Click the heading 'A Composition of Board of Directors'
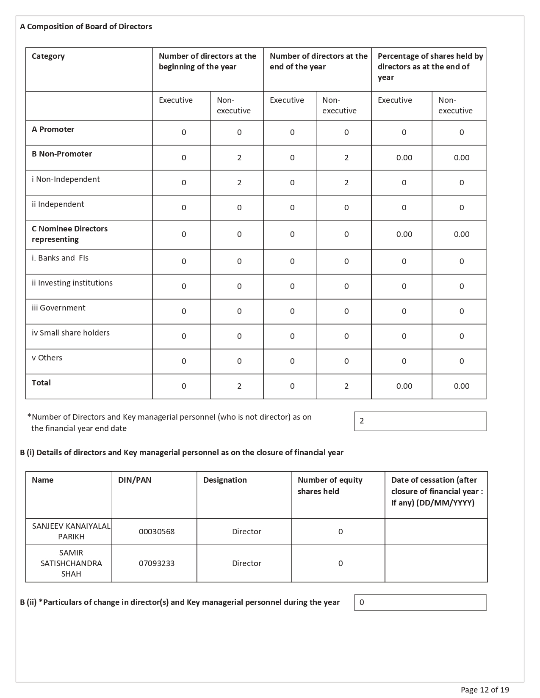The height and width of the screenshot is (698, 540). [x=86, y=27]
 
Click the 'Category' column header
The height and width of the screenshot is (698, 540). [x=48, y=56]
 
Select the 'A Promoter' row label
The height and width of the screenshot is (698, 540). [x=53, y=129]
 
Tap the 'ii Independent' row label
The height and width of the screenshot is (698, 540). [x=58, y=204]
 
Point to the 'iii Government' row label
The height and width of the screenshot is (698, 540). [x=58, y=308]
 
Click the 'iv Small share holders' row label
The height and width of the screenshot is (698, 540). [x=70, y=333]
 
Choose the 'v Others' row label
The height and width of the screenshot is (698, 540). [x=47, y=358]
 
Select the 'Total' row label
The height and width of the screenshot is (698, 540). [x=41, y=383]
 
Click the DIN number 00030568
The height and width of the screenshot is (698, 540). [x=157, y=532]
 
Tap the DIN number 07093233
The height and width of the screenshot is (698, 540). [x=157, y=563]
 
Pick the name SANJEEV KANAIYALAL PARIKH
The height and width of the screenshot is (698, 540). [x=71, y=531]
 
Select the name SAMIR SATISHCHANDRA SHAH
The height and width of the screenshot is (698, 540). [x=71, y=563]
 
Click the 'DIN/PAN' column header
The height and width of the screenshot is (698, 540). [x=135, y=480]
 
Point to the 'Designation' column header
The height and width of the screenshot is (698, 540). [x=225, y=480]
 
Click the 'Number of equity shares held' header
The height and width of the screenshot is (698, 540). [x=330, y=486]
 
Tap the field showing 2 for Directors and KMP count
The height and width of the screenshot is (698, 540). [x=420, y=421]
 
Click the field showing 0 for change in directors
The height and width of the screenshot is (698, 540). [x=420, y=603]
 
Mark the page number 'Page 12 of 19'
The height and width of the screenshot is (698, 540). [x=485, y=690]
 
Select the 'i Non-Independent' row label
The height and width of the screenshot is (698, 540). [x=66, y=179]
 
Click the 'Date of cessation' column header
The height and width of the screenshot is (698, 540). [x=437, y=491]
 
